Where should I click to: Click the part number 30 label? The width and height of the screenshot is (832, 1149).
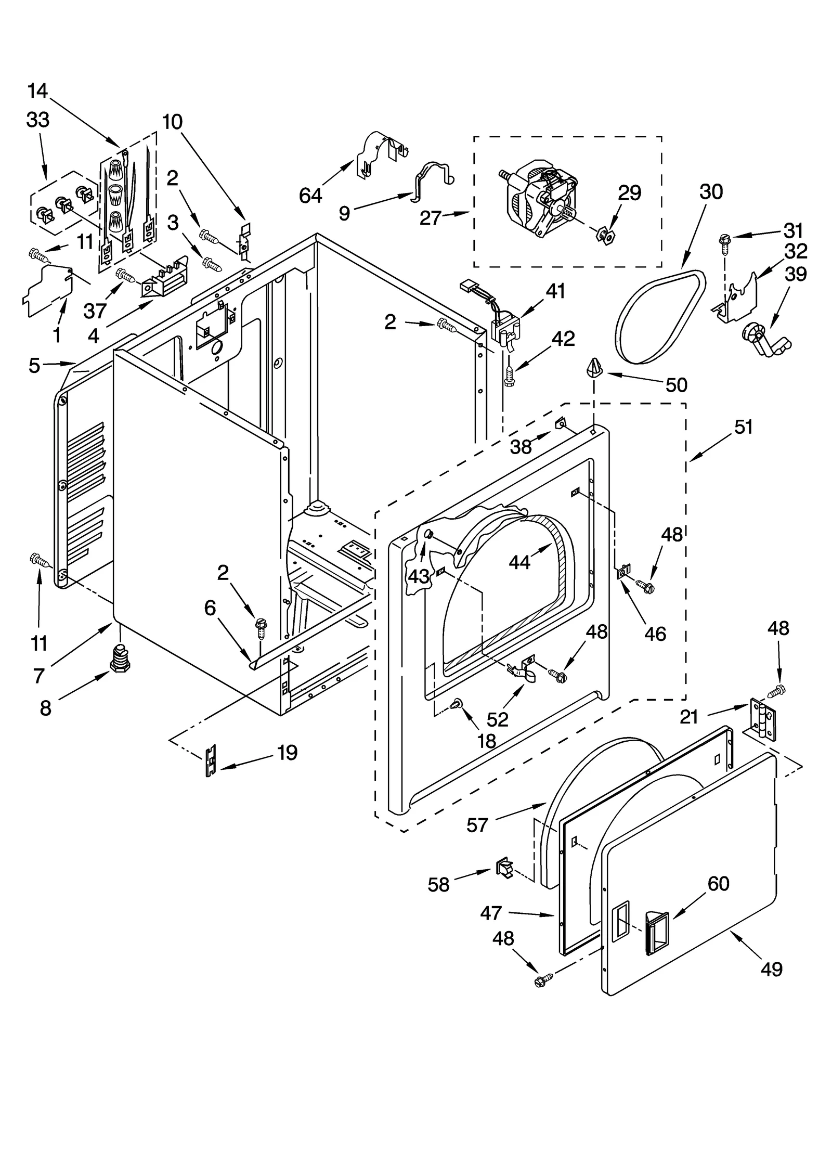[x=710, y=192]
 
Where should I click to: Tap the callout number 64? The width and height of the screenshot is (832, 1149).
[x=310, y=196]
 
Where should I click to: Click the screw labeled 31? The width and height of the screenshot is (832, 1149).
[x=723, y=241]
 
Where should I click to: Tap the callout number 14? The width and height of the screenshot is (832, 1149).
[x=37, y=91]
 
